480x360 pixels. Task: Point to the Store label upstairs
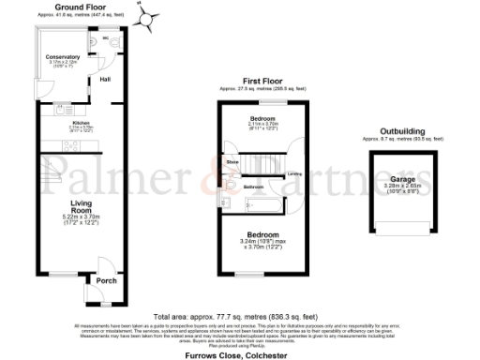232,162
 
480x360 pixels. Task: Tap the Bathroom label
253,187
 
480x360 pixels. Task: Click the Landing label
293,174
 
